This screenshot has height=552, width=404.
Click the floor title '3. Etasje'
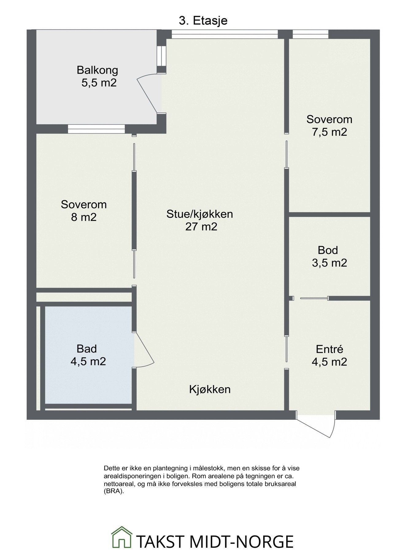click(203, 21)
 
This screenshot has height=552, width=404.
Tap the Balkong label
click(97, 70)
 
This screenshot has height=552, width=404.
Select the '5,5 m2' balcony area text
click(99, 83)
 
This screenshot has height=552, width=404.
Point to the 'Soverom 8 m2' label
click(84, 211)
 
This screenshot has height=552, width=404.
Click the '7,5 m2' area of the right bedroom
click(329, 132)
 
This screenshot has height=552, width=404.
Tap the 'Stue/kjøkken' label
click(200, 214)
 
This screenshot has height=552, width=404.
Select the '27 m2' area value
click(201, 227)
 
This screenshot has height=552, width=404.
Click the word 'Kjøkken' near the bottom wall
click(210, 389)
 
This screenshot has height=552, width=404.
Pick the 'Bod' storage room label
click(328, 250)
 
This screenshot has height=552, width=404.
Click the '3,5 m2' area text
click(329, 263)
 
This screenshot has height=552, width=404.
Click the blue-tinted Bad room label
click(87, 349)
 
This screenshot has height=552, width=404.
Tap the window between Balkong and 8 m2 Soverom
click(96, 129)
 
